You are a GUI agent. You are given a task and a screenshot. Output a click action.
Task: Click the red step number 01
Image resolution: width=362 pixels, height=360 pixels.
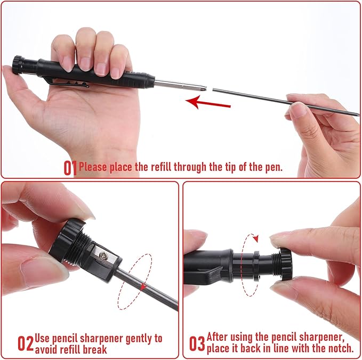click(70, 168)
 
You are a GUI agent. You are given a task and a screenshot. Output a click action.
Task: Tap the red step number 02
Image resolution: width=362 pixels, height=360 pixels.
click(26, 343)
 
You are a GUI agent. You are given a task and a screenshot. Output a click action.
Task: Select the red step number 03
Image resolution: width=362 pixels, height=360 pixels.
click(197, 343)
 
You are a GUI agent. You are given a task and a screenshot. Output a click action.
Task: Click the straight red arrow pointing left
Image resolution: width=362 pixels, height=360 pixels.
click(208, 103)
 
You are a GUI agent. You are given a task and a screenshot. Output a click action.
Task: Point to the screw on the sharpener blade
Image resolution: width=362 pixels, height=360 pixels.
click(103, 256)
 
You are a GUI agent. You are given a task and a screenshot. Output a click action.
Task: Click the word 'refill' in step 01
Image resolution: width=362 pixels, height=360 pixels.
click(160, 167)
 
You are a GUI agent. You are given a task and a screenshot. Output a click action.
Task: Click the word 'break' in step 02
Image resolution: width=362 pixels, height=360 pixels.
click(95, 350)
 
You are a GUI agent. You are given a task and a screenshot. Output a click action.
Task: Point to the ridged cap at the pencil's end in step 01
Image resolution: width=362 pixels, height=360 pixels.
click(18, 65)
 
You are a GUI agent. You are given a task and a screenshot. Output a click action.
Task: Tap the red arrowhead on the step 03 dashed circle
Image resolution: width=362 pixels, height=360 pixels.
click(255, 239)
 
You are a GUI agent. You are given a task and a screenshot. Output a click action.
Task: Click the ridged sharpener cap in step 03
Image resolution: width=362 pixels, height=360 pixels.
click(286, 264)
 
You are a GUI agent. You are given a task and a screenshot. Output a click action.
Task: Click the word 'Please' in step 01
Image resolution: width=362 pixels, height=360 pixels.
click(93, 167)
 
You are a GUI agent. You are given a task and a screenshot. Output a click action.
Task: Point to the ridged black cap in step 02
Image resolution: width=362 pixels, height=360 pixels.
click(66, 240)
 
